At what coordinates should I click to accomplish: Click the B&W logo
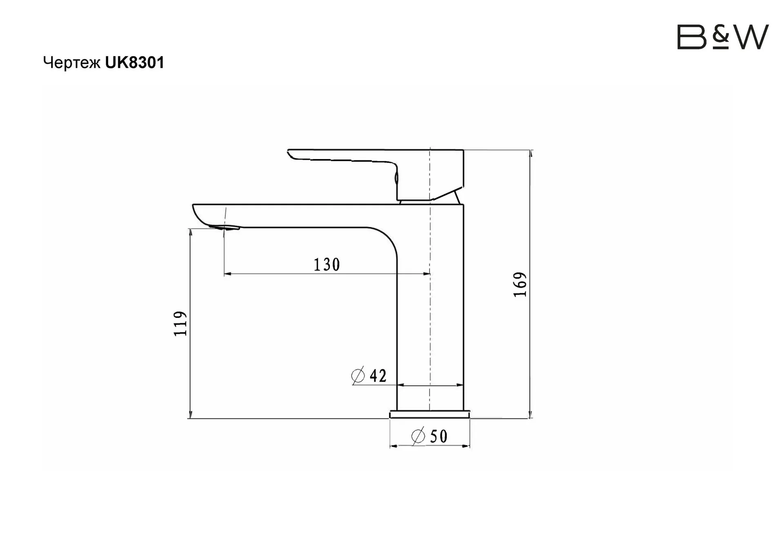723,37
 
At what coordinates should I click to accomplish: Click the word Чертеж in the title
72,63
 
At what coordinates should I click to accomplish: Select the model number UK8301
135,63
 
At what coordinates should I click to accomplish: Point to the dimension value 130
327,265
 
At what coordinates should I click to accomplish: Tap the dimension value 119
180,324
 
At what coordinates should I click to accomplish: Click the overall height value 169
520,284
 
